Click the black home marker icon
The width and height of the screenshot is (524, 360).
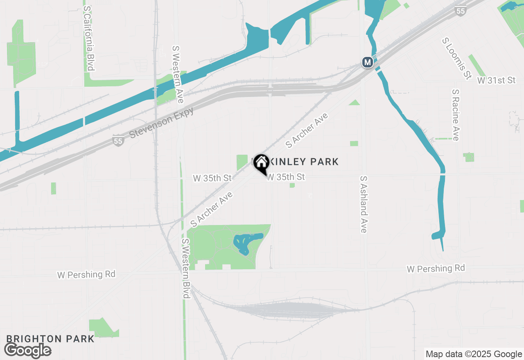pyautogui.click(x=261, y=164)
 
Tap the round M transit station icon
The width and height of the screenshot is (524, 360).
pyautogui.click(x=368, y=63)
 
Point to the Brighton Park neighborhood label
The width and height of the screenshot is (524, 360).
pyautogui.click(x=50, y=339)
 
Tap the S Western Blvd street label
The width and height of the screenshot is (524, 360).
pyautogui.click(x=185, y=268)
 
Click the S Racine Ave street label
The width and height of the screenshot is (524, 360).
pyautogui.click(x=456, y=115)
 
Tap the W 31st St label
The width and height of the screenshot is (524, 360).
pyautogui.click(x=496, y=80)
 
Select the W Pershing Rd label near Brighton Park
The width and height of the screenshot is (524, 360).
pyautogui.click(x=86, y=274)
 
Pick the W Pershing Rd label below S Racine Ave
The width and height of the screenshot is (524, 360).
pyautogui.click(x=436, y=269)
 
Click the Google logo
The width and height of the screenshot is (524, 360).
pyautogui.click(x=28, y=350)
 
